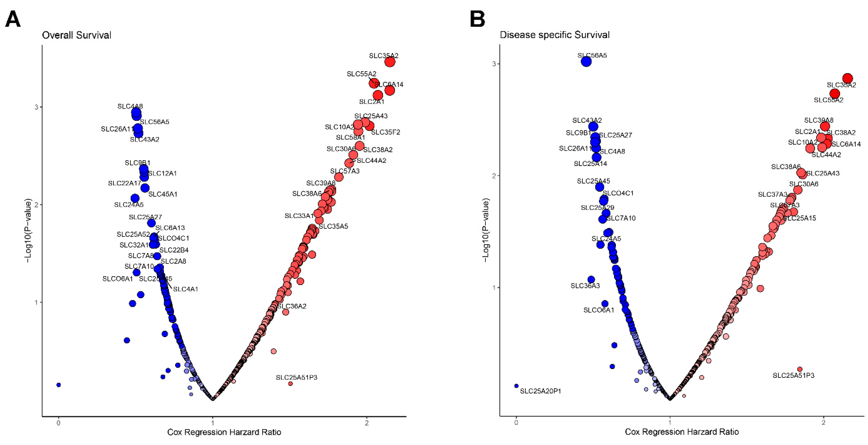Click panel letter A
[x=13, y=19]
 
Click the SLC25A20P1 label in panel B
[x=540, y=391]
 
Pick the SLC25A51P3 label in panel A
[x=297, y=377]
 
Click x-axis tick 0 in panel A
[x=59, y=423]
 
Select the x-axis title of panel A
[x=224, y=432]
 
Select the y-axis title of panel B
[x=485, y=230]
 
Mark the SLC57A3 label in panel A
[x=345, y=171]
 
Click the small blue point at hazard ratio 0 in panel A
[x=59, y=385]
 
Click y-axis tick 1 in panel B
[x=494, y=288]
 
